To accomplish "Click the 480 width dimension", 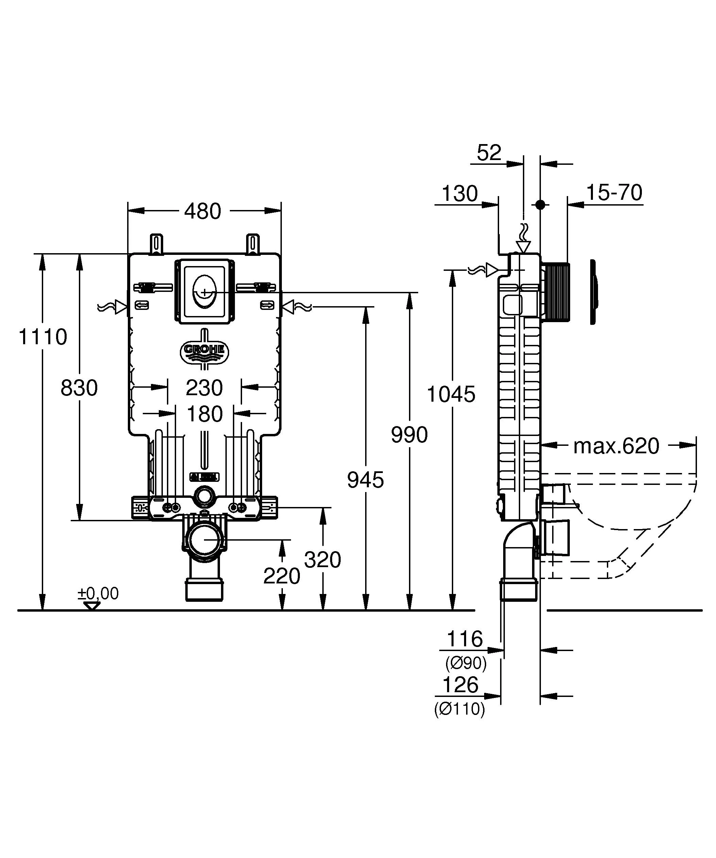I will (x=202, y=211).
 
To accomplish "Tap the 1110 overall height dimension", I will (x=43, y=337).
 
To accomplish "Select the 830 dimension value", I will (x=79, y=388).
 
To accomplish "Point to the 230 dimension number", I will (x=204, y=388).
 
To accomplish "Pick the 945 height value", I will (x=365, y=480).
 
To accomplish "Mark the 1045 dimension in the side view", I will (x=451, y=394).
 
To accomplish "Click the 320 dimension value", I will (x=322, y=559).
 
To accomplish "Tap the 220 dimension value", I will (x=282, y=576).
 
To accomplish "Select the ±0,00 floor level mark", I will (x=98, y=593).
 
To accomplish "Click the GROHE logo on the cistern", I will (x=204, y=350).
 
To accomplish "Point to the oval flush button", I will (x=204, y=293).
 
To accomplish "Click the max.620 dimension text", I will (x=616, y=446).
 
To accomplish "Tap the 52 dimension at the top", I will (x=489, y=153).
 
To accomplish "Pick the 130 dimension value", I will (x=460, y=194).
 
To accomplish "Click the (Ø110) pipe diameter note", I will (x=459, y=709).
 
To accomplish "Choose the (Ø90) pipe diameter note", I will (x=466, y=663).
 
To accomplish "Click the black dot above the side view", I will (x=540, y=205).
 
